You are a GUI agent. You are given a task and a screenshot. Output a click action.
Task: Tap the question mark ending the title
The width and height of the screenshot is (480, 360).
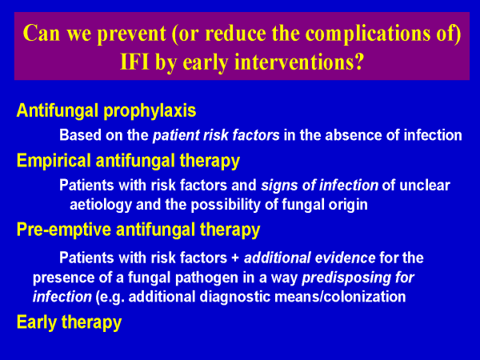[x=359, y=62]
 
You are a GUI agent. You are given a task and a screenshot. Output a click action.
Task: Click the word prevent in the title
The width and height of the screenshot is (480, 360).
[x=132, y=34]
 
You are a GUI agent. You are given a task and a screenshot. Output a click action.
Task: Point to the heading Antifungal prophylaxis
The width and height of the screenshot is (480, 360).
[x=106, y=111]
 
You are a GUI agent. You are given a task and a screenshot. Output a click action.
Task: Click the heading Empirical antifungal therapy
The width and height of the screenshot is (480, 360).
[x=128, y=161]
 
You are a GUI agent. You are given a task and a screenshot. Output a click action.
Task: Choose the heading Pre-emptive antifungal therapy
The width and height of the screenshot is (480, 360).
[x=138, y=230]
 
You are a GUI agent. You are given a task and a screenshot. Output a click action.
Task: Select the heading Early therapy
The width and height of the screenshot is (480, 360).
[x=69, y=322]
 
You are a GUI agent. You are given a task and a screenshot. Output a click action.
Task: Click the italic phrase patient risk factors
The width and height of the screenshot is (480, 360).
[x=216, y=135]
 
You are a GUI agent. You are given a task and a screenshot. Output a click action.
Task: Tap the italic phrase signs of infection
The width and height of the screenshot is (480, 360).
[x=319, y=186]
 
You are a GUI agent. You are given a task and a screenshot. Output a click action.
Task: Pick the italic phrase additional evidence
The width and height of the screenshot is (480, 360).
[x=310, y=258]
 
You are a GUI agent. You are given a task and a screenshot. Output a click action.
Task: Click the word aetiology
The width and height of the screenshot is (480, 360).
[x=101, y=205]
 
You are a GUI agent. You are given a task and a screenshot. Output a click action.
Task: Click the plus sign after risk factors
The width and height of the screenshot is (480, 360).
[x=235, y=258]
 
